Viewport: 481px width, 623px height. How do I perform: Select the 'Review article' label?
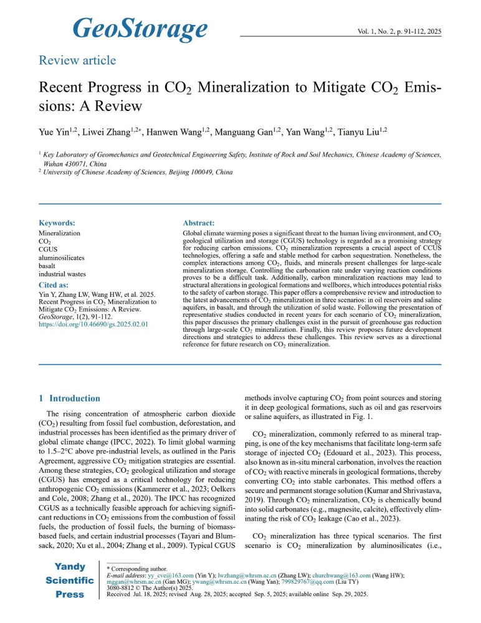click(77, 60)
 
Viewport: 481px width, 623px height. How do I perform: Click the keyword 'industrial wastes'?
click(62, 274)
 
